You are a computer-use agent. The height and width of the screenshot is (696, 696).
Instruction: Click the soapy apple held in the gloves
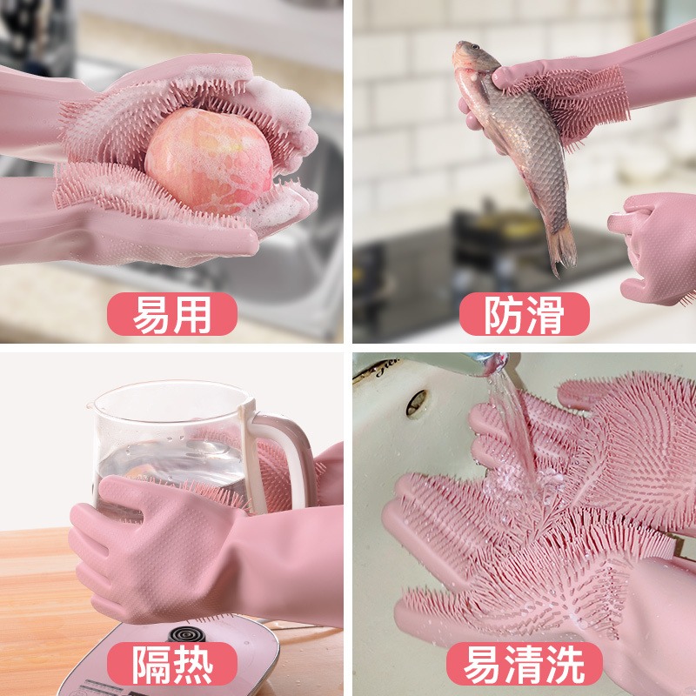pyautogui.click(x=209, y=161)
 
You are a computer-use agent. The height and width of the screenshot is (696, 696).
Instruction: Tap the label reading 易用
pyautogui.click(x=172, y=314)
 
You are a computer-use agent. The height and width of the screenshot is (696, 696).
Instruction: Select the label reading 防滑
pyautogui.click(x=525, y=314)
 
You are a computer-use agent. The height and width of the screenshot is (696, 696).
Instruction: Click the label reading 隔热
pyautogui.click(x=172, y=664)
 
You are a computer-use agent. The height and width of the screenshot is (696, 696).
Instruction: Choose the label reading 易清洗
pyautogui.click(x=525, y=664)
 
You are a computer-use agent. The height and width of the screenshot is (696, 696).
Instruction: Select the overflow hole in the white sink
pyautogui.click(x=417, y=403)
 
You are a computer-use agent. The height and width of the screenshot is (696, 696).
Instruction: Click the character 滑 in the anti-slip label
pyautogui.click(x=545, y=314)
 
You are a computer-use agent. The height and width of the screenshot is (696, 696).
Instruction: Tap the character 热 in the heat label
pyautogui.click(x=193, y=664)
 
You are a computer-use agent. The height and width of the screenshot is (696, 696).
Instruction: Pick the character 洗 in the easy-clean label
pyautogui.click(x=565, y=664)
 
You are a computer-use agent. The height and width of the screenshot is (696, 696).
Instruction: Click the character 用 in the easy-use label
pyautogui.click(x=193, y=314)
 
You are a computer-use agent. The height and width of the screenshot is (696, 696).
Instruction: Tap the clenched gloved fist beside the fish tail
pyautogui.click(x=652, y=249)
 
